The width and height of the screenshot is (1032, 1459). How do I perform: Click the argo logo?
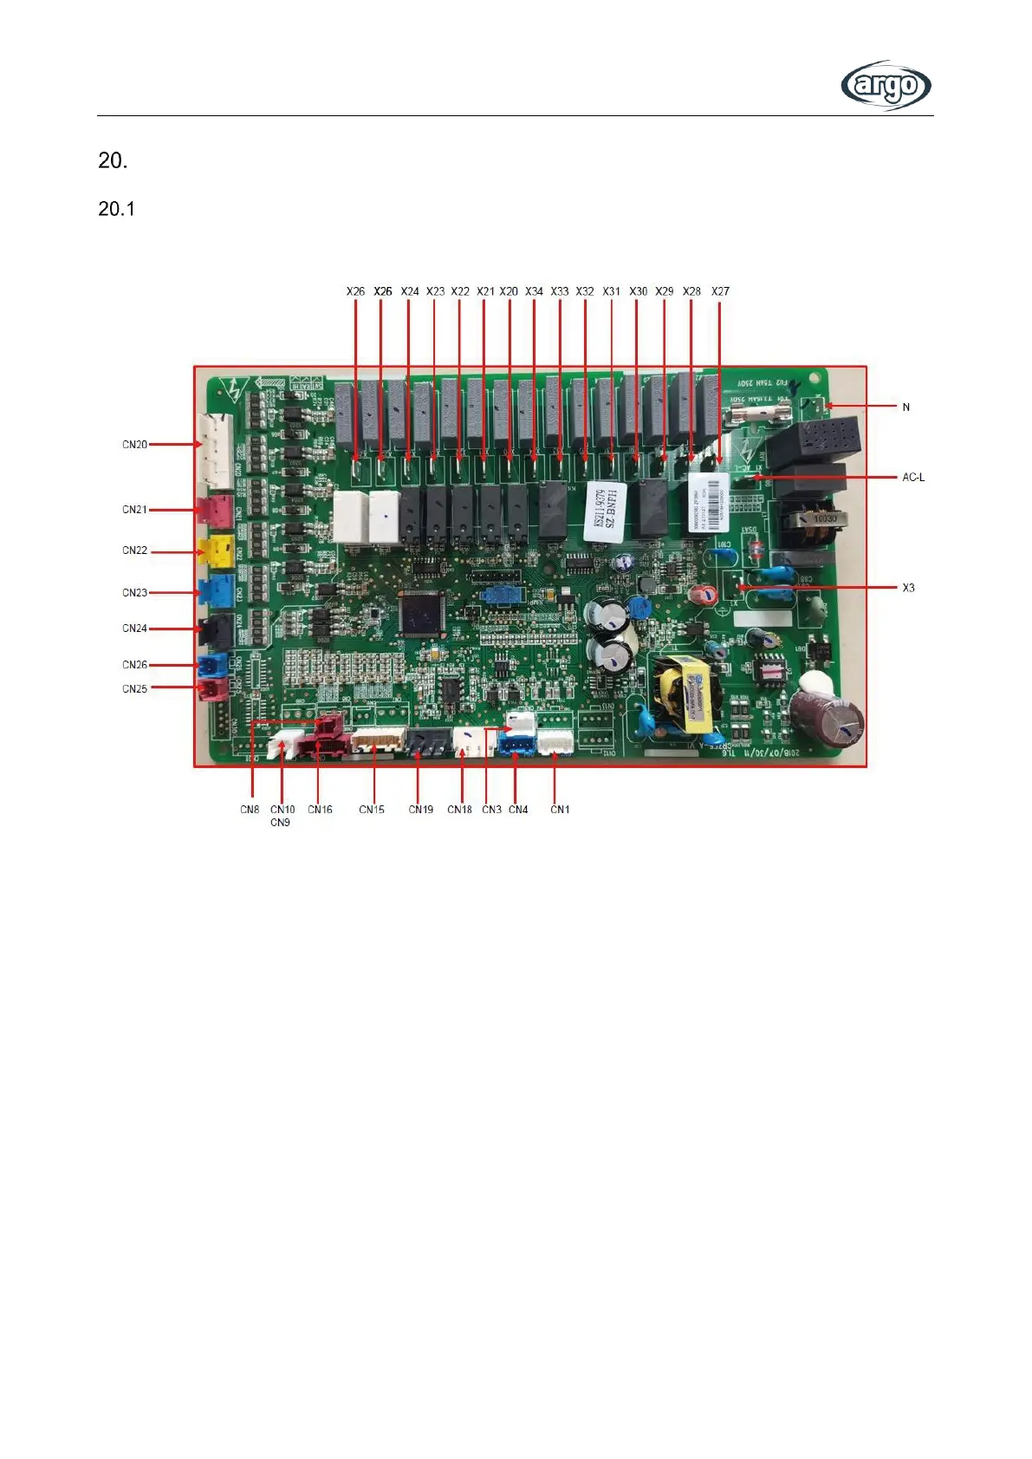886,85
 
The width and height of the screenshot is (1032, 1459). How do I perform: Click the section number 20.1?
116,209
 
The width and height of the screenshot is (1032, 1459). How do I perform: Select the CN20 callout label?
134,445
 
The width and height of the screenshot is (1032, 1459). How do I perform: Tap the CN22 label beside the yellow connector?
134,550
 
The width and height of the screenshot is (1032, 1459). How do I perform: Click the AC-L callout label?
913,477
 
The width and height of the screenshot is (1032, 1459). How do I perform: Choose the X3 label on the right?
908,588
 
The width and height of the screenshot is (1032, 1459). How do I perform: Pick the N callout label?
906,407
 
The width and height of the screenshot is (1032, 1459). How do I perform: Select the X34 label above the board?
534,291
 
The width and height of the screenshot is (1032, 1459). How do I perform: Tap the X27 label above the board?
720,291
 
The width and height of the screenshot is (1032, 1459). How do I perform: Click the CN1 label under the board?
560,810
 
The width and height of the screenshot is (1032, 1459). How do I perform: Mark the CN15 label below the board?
372,810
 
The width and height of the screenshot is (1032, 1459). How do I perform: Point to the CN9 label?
280,823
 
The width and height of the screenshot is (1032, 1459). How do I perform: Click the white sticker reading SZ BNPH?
605,511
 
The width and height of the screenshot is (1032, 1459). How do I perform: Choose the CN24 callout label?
134,629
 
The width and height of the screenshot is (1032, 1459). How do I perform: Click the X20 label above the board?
509,291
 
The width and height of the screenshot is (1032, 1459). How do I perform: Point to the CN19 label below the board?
421,810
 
